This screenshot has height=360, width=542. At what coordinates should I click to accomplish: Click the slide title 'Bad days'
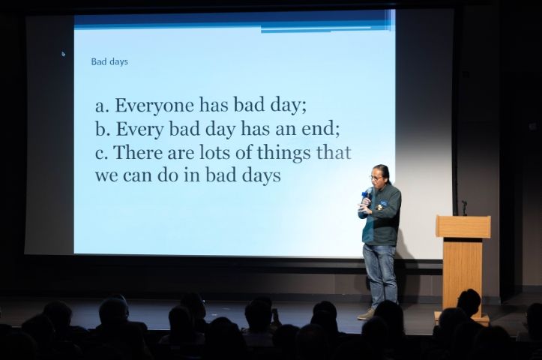coord(109,61)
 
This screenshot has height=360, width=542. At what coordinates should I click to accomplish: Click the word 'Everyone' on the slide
coord(154,106)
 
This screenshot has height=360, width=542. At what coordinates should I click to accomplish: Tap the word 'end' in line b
coord(320,129)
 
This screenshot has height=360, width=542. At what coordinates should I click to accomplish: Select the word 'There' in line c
coord(138,152)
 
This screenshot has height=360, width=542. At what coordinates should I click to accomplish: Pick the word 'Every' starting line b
coord(139,130)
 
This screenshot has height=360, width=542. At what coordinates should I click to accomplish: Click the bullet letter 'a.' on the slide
coord(102,106)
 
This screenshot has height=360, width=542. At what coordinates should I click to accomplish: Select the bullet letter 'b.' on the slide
coord(103,129)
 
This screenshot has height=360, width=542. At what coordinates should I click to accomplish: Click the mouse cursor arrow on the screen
coord(63,54)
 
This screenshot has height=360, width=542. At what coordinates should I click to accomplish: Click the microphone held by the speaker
coord(368,195)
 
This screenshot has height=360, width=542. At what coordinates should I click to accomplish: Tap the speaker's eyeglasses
coord(376,178)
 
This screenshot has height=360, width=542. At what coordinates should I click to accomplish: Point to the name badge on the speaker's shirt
coord(382,202)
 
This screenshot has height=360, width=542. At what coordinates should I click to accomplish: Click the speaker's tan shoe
coord(367,313)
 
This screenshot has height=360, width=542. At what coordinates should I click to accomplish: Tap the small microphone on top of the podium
coord(464,208)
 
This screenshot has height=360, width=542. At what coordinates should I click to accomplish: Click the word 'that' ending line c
coord(334,152)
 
